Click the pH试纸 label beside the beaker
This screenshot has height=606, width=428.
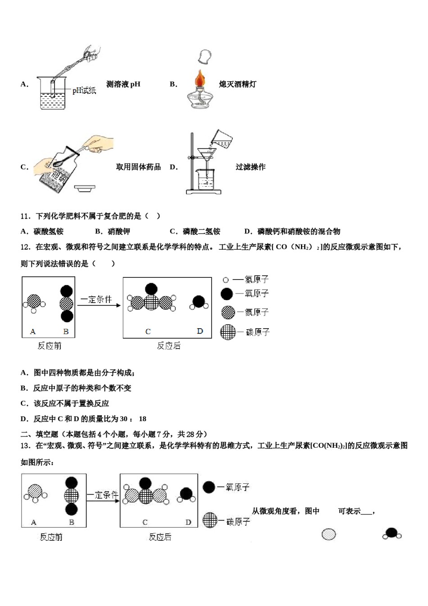coord(84,91)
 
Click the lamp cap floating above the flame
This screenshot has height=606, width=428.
coord(205,57)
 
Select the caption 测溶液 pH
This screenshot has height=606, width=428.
coord(123,84)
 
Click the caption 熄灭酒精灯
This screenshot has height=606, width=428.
coord(237,84)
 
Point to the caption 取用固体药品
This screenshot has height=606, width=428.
coord(138,167)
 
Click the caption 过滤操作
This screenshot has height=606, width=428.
coord(250,167)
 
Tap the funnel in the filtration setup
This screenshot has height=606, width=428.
coord(207,154)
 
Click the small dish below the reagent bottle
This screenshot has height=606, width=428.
coord(84,188)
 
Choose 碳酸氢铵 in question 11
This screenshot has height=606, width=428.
coord(48,231)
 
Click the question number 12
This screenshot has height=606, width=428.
coord(25,247)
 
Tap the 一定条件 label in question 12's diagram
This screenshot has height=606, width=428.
coord(96,299)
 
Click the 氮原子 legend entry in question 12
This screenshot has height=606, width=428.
coord(246,312)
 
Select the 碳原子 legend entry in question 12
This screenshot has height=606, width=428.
coord(246,332)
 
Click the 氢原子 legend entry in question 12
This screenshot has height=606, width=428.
coord(246,280)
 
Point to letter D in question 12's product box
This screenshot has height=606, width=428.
coord(200,331)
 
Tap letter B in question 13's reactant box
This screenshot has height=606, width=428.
coord(72,522)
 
